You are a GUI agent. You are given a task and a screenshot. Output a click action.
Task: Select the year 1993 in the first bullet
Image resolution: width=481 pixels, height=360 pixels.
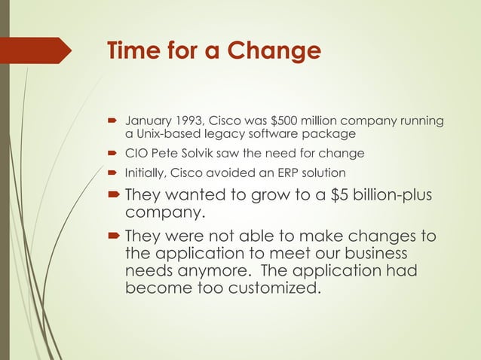tap(188, 121)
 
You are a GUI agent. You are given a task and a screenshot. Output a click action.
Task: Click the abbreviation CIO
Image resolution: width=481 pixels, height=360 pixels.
tap(135, 154)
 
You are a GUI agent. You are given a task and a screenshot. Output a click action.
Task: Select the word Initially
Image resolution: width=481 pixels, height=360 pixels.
tap(145, 172)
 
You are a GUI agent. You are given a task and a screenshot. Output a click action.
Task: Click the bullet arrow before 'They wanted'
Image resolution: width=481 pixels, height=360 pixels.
tap(113, 194)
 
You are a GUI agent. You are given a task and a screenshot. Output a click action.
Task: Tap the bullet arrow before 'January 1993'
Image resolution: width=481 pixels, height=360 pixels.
tap(113, 121)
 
